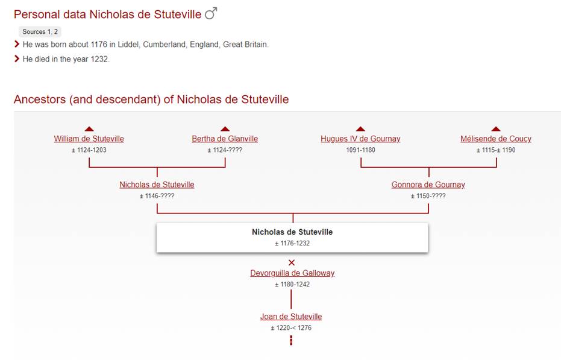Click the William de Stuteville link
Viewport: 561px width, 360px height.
tap(89, 139)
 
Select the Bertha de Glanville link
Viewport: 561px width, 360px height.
tap(225, 139)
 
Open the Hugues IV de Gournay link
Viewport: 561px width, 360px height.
tap(360, 139)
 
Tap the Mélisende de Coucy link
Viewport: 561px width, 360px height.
tap(496, 139)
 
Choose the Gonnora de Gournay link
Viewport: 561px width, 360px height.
tap(428, 185)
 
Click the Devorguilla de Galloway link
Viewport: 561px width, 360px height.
tap(292, 273)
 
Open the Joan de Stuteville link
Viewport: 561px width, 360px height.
tap(291, 317)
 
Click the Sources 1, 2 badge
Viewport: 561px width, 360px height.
tap(40, 31)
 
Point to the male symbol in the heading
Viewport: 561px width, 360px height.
tap(211, 14)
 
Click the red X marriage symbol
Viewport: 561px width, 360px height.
tap(292, 262)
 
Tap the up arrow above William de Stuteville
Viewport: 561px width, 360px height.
tap(89, 129)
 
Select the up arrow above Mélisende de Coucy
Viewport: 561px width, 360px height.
tap(496, 129)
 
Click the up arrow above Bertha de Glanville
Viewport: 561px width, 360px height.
tap(225, 129)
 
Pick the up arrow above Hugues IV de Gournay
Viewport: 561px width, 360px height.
tap(360, 129)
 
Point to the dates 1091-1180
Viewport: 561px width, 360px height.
tap(360, 150)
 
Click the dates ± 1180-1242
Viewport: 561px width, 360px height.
tap(292, 285)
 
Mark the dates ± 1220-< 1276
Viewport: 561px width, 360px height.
tap(291, 328)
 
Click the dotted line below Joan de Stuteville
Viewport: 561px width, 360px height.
tap(291, 340)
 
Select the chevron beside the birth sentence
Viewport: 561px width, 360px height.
tap(16, 44)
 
